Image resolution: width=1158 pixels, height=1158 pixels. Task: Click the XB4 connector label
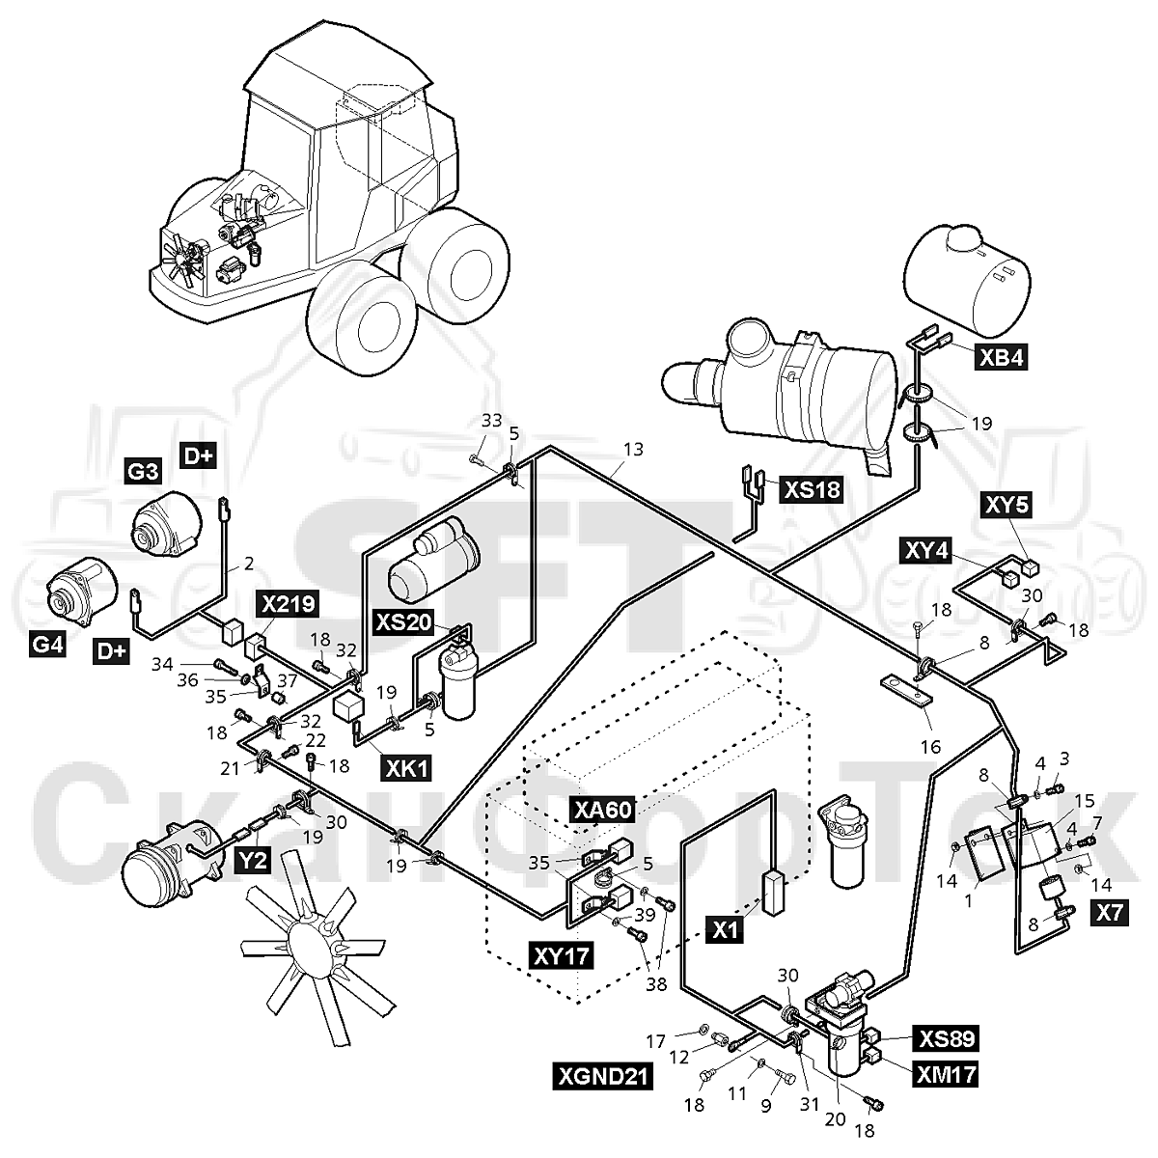(x=1001, y=358)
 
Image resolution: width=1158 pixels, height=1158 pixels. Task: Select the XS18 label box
(x=812, y=490)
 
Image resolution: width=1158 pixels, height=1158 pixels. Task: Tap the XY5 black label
(x=1007, y=505)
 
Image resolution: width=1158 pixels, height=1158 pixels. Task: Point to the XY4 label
(x=926, y=550)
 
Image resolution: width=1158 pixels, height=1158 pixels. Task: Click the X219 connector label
(x=288, y=603)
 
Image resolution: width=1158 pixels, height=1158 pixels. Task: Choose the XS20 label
(x=403, y=622)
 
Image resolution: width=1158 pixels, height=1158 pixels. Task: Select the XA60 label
(x=603, y=810)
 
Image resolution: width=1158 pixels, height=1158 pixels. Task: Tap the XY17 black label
(x=563, y=955)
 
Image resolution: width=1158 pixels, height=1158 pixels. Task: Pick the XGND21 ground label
(x=602, y=1076)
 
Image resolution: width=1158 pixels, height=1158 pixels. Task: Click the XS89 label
(x=946, y=1037)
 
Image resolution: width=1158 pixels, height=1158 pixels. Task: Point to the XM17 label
(x=946, y=1074)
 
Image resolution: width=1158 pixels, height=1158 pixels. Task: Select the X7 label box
(x=1110, y=913)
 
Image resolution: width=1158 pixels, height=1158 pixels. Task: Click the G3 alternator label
(x=144, y=471)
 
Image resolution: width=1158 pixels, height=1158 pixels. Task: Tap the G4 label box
(x=48, y=644)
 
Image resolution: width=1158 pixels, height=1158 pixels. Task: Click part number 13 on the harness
(x=633, y=449)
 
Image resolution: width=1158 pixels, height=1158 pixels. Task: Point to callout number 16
(x=930, y=746)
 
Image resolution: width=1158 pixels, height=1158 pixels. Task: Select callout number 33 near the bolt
(x=491, y=421)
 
